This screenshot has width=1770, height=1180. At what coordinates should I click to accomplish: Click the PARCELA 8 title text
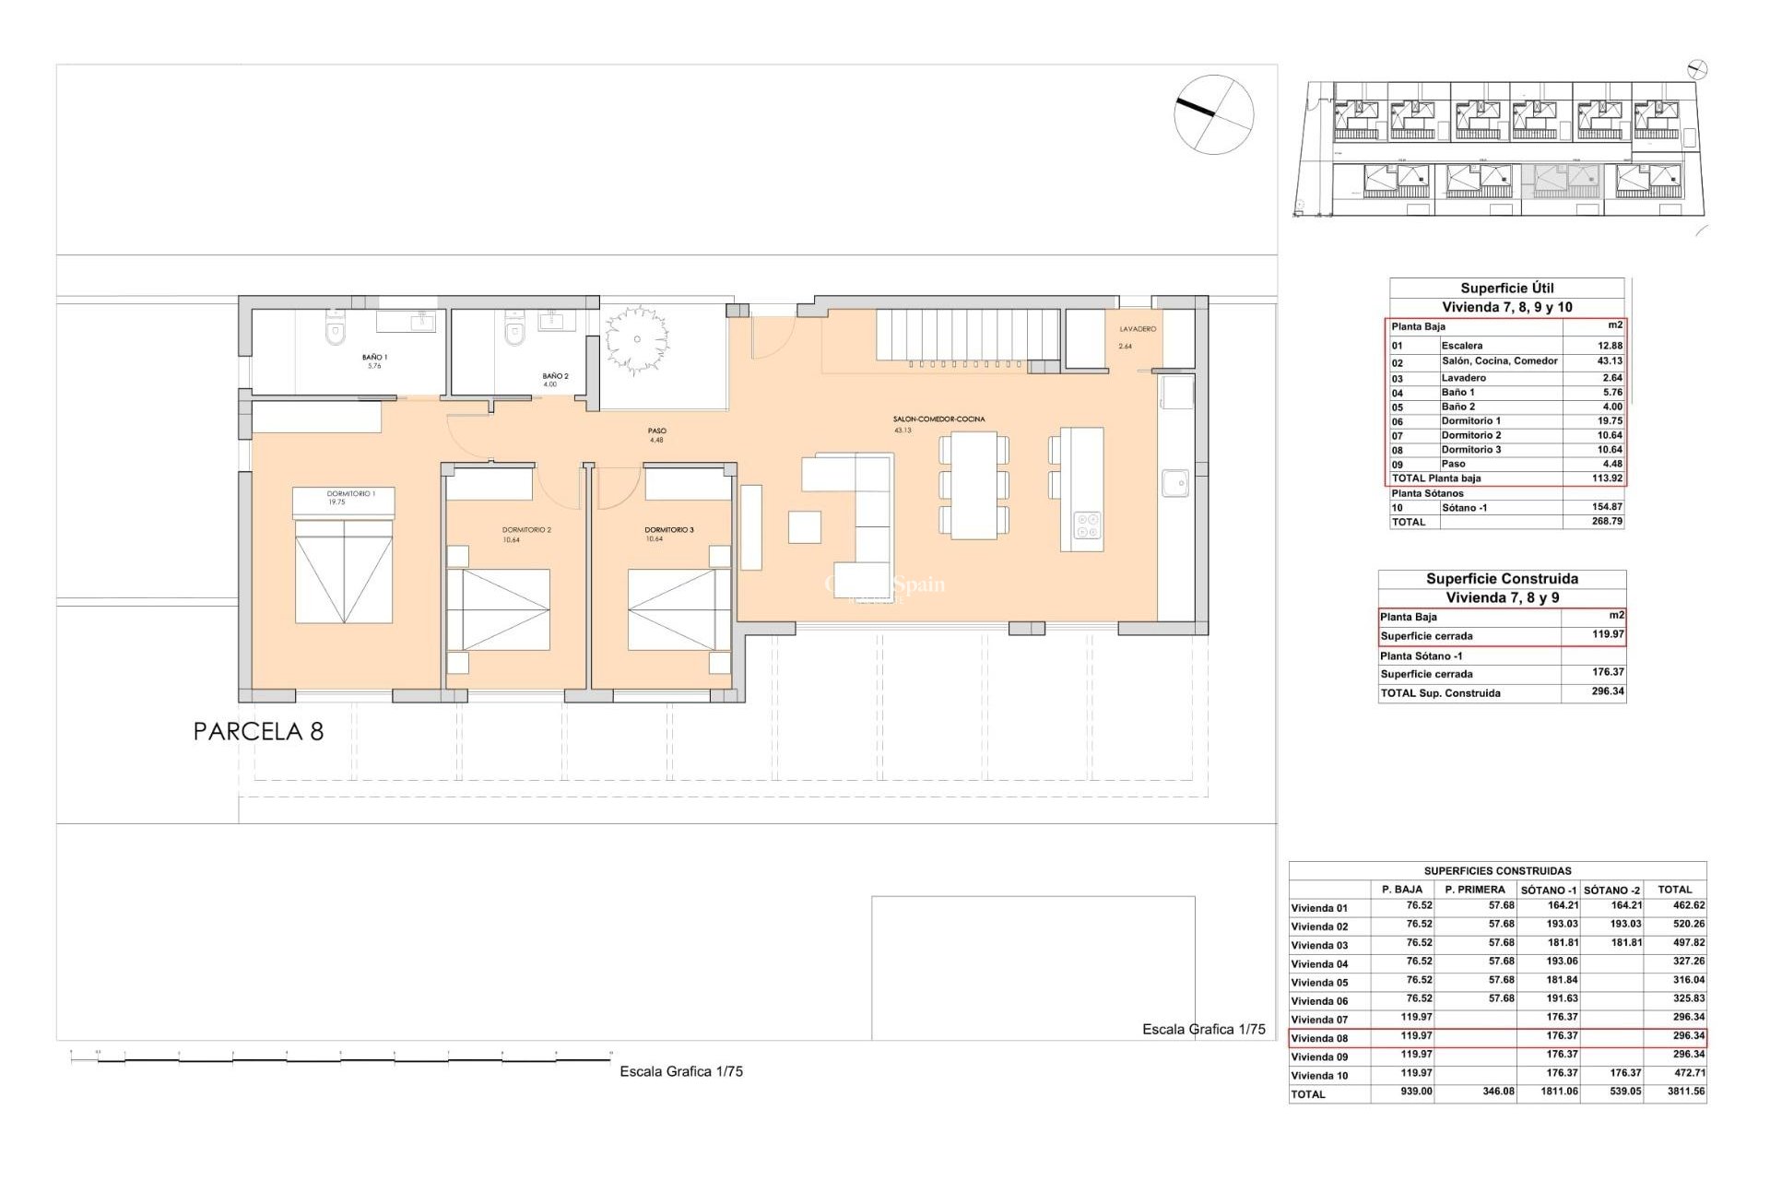(258, 731)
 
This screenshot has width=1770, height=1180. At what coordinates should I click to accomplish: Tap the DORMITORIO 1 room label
(351, 494)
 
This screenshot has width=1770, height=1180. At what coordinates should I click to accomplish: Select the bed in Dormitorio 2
(498, 609)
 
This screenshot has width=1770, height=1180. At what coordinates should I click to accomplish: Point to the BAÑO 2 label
(555, 376)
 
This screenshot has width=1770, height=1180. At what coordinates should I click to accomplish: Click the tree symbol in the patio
(636, 339)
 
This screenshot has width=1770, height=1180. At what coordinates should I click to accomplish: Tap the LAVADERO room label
(1138, 329)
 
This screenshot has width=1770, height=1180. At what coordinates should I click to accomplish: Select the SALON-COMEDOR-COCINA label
(938, 419)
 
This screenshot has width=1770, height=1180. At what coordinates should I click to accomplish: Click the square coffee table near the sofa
(804, 526)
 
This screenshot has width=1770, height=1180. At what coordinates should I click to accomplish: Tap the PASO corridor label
(656, 431)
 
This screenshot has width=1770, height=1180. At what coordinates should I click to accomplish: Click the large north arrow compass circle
(1213, 114)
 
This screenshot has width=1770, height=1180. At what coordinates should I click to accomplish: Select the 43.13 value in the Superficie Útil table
(1609, 361)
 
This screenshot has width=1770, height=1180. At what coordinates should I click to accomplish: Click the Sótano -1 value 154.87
(1606, 507)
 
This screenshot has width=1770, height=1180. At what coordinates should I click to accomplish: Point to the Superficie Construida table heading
(1502, 579)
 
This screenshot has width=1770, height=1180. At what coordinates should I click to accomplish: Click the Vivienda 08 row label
(1319, 1038)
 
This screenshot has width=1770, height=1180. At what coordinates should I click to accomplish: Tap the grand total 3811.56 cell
(1686, 1091)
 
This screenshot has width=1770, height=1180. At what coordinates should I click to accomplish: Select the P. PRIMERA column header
(1475, 890)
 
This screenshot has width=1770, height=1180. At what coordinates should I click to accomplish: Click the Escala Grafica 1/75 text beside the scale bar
(680, 1071)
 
